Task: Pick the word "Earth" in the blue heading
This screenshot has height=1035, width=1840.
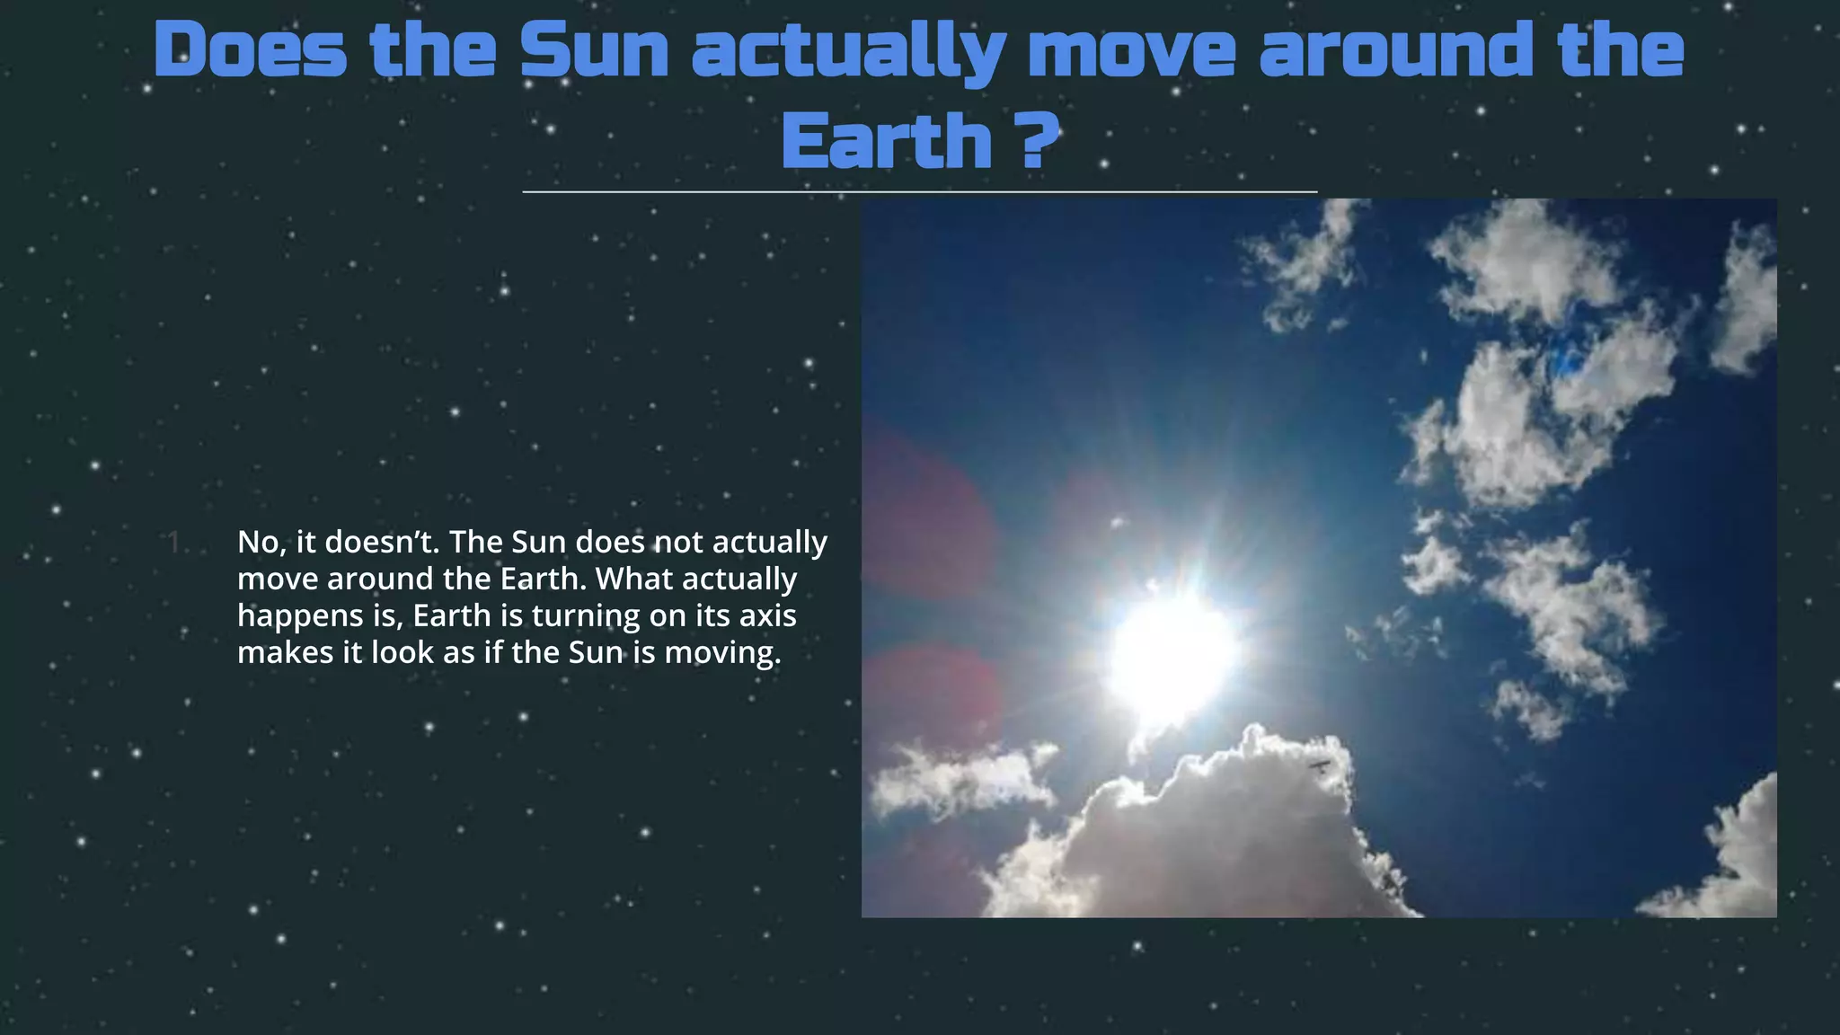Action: click(x=886, y=141)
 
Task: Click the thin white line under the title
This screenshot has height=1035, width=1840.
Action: click(x=919, y=192)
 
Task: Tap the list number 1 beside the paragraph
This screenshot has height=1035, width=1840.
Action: click(x=174, y=542)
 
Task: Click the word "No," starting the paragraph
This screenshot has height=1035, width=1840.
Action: click(x=261, y=542)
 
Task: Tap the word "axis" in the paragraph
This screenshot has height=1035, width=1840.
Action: click(x=767, y=616)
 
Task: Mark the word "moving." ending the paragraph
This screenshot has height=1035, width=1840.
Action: click(x=722, y=653)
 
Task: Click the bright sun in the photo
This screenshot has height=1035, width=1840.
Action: click(x=1170, y=656)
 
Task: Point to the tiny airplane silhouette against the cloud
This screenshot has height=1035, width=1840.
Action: click(x=1319, y=765)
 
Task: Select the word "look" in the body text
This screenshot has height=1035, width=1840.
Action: click(x=402, y=652)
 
